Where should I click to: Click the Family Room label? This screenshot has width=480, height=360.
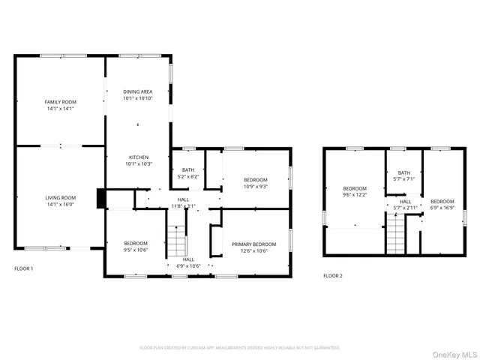pyautogui.click(x=60, y=102)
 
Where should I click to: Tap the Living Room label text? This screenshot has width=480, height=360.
pyautogui.click(x=60, y=197)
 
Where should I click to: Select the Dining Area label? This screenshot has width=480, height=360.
pyautogui.click(x=138, y=91)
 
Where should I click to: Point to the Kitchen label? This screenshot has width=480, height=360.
pyautogui.click(x=138, y=157)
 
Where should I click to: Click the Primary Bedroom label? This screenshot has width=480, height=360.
pyautogui.click(x=253, y=244)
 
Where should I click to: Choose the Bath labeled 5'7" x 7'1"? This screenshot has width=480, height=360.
pyautogui.click(x=404, y=179)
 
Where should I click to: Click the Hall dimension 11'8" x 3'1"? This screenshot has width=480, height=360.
pyautogui.click(x=183, y=205)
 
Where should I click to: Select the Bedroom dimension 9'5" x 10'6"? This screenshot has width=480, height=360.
pyautogui.click(x=136, y=250)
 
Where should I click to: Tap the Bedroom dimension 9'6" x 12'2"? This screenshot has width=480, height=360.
pyautogui.click(x=355, y=194)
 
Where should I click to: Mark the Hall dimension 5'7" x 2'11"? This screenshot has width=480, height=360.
pyautogui.click(x=405, y=208)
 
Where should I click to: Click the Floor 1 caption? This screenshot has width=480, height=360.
pyautogui.click(x=24, y=268)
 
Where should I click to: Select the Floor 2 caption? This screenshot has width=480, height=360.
pyautogui.click(x=333, y=276)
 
